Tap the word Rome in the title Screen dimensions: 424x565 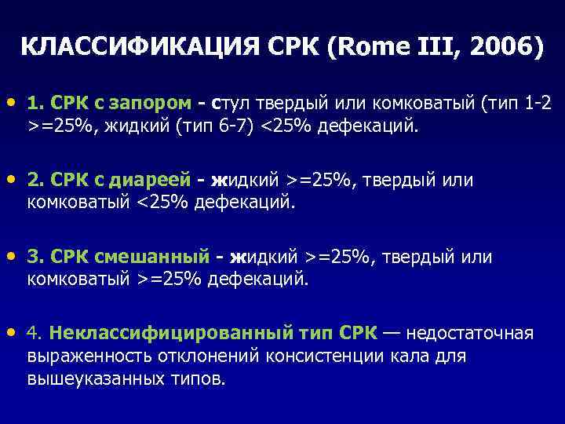[369, 48]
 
